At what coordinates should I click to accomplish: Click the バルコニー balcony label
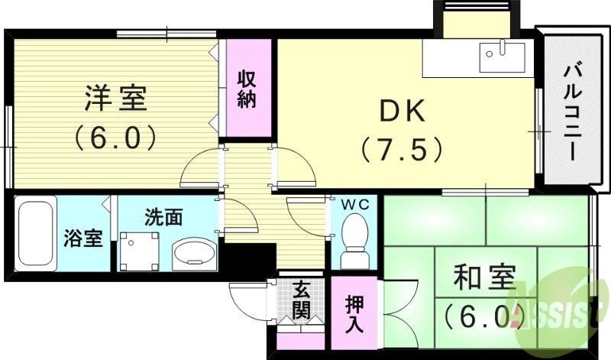coord(571,112)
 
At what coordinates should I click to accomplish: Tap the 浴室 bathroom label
coord(82,238)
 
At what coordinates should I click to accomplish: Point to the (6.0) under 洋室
coord(116,138)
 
